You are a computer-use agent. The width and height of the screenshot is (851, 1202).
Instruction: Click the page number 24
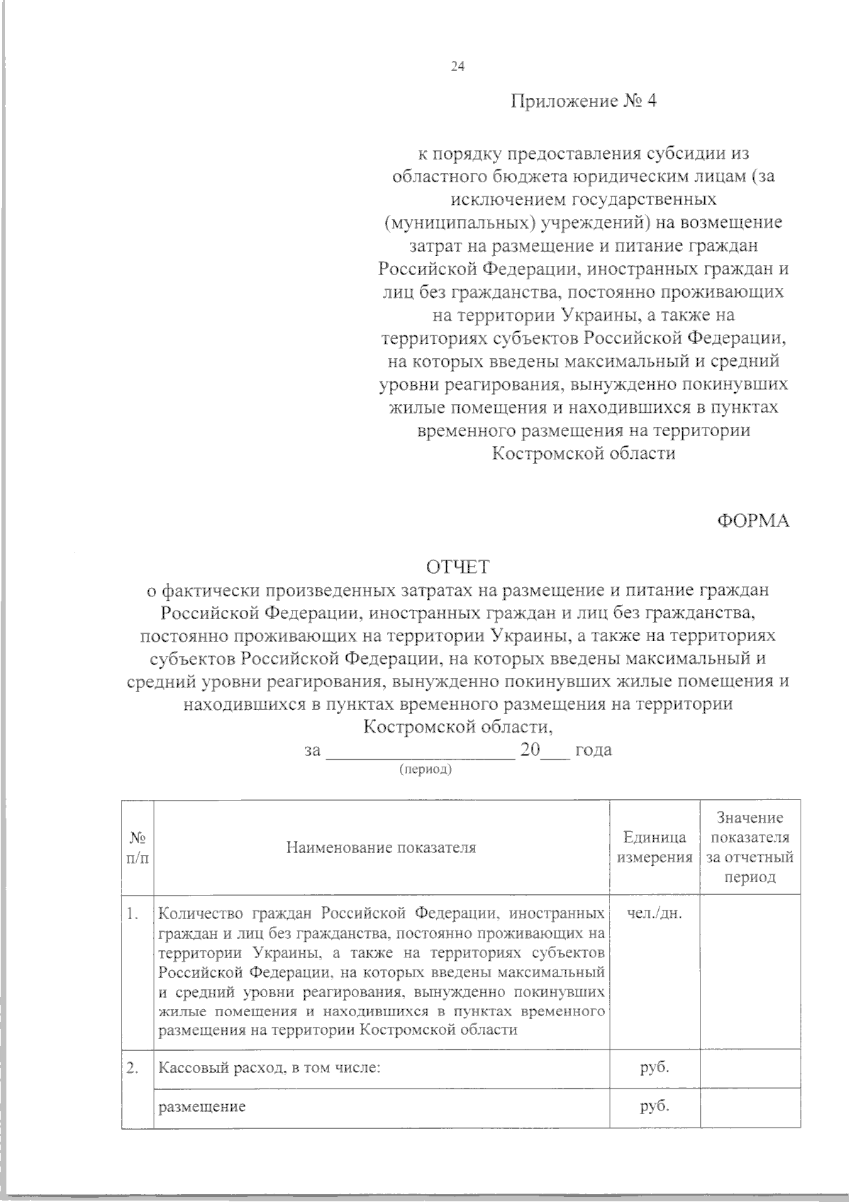457,67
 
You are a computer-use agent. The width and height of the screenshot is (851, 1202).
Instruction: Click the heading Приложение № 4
584,101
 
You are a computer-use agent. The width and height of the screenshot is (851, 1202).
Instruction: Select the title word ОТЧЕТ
457,567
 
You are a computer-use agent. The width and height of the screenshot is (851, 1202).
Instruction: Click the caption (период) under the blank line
425,769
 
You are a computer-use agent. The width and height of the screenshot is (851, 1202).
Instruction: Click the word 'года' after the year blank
594,750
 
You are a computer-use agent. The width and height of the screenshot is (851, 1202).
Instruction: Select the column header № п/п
138,847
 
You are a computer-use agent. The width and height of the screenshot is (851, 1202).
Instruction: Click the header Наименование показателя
382,847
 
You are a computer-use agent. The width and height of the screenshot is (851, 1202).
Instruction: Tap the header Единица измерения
655,847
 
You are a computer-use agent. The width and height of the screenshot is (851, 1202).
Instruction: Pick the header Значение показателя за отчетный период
750,847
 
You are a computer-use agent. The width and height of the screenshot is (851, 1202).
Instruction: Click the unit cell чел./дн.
655,913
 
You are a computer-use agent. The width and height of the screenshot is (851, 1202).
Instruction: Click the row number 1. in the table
132,913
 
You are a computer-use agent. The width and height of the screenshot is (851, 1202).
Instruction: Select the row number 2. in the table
132,1069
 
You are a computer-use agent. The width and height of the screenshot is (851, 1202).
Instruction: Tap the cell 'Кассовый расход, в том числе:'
269,1069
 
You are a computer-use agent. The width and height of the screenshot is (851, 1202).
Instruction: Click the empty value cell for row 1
750,972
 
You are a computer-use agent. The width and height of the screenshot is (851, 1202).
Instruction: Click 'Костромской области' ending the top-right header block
584,453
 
